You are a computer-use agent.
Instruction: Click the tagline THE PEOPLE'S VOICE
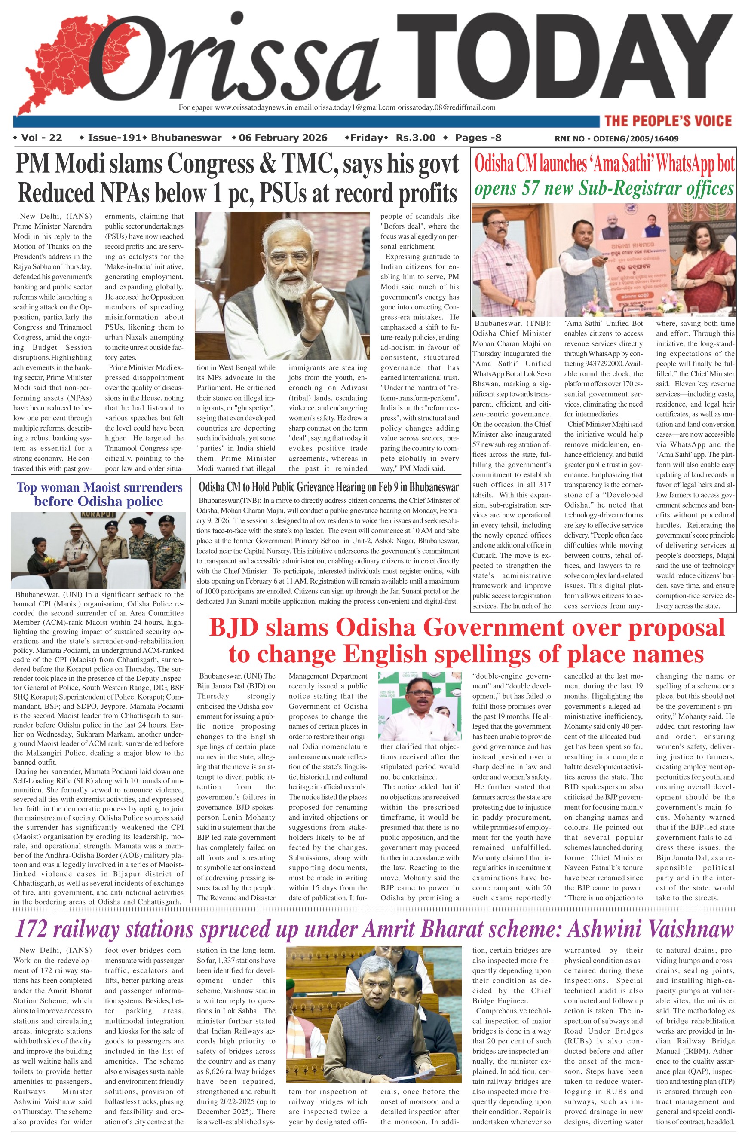tap(668, 121)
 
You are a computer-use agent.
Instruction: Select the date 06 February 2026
tap(283, 138)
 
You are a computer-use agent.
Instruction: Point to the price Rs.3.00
tap(415, 138)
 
